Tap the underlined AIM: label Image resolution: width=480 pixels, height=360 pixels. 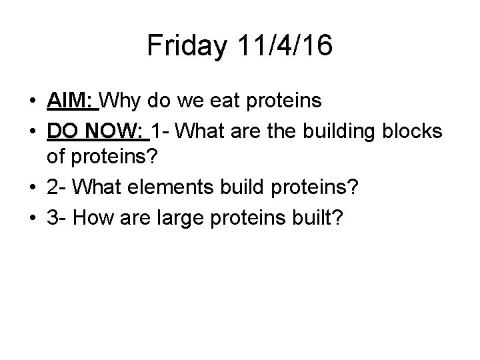[x=73, y=101]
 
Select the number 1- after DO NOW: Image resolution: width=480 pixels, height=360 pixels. [x=163, y=131]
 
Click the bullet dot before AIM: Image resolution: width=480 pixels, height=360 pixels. [x=32, y=102]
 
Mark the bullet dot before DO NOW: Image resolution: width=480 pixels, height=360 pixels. [x=32, y=132]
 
